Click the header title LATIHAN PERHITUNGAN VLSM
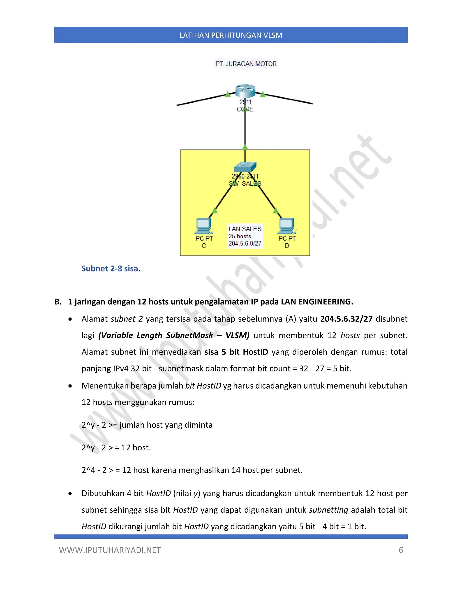pyautogui.click(x=231, y=35)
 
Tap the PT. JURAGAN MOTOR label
pyautogui.click(x=246, y=64)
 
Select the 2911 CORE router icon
pyautogui.click(x=245, y=91)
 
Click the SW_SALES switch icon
pyautogui.click(x=245, y=167)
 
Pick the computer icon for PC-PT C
pyautogui.click(x=203, y=226)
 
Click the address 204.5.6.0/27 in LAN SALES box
pyautogui.click(x=245, y=243)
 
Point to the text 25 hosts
pyautogui.click(x=240, y=236)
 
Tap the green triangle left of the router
pyautogui.click(x=228, y=95)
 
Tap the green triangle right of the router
pyautogui.click(x=263, y=95)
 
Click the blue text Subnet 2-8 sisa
pyautogui.click(x=110, y=269)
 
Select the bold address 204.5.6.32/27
pyautogui.click(x=346, y=319)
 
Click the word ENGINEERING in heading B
pyautogui.click(x=326, y=302)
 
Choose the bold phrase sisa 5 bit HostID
pyautogui.click(x=236, y=352)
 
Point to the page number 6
pyautogui.click(x=401, y=550)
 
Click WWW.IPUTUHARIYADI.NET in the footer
pyautogui.click(x=110, y=550)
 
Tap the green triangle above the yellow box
pyautogui.click(x=245, y=147)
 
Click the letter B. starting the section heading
pyautogui.click(x=58, y=302)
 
